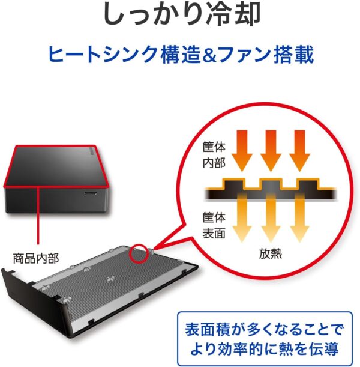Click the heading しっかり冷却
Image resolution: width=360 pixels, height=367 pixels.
click(182, 14)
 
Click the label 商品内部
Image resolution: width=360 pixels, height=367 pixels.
click(35, 259)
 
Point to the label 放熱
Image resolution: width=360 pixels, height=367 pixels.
click(270, 253)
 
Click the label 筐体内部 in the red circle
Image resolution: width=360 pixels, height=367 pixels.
click(214, 155)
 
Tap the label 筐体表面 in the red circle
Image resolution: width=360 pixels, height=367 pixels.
click(214, 225)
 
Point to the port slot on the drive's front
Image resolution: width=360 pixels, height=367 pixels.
click(91, 193)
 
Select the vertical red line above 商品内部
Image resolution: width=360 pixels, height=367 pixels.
click(38, 217)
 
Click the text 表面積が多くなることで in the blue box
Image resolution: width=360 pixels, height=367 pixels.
click(265, 329)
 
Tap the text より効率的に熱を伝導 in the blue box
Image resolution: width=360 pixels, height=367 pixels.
click(265, 349)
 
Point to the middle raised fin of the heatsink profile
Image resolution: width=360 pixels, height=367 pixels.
click(271, 186)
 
